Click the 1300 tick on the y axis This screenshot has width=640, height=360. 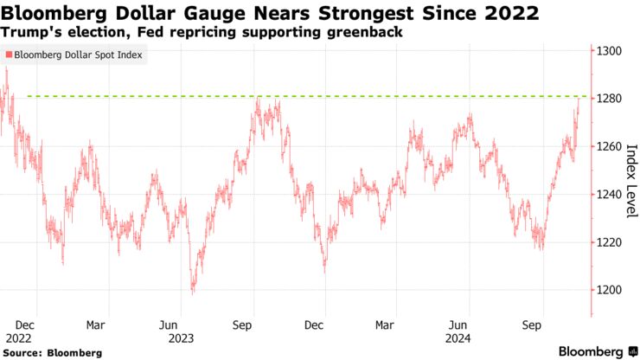[x=608, y=51]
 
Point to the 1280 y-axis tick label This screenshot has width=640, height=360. [x=608, y=99]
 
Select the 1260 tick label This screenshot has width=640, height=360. [x=608, y=146]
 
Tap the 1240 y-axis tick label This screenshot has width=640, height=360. [x=608, y=194]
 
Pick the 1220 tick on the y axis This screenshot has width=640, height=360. [x=608, y=242]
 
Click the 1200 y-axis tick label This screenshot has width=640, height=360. [x=608, y=290]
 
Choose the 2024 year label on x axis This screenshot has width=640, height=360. [x=458, y=338]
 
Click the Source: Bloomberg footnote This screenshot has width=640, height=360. [x=52, y=353]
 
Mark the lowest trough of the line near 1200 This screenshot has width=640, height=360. [x=192, y=292]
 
